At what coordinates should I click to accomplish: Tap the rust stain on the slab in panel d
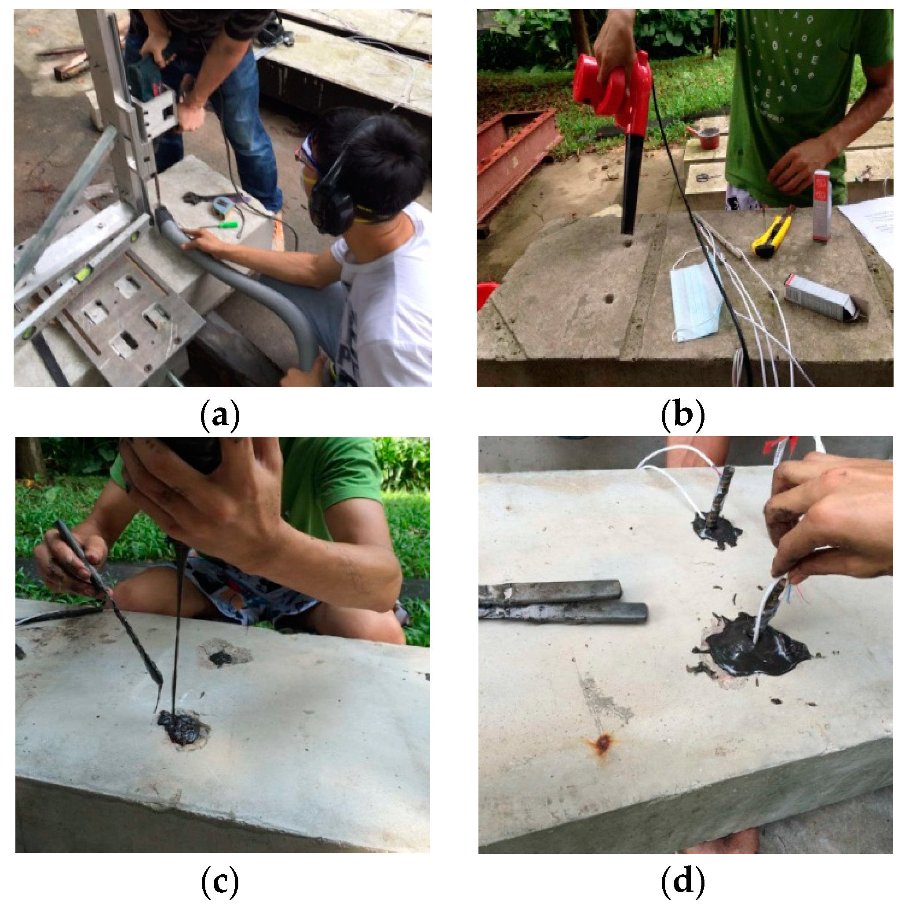(x=602, y=744)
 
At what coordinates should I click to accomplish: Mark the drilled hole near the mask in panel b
(x=609, y=299)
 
